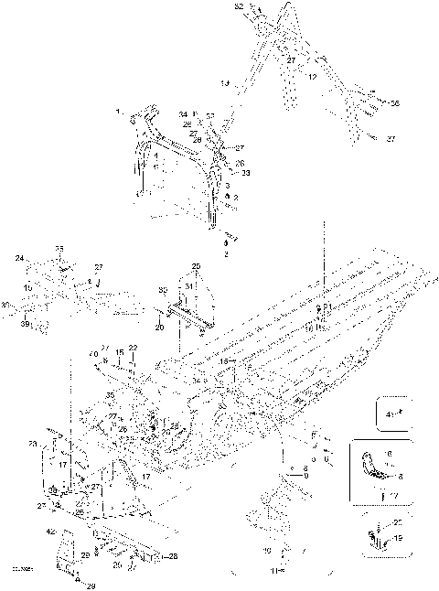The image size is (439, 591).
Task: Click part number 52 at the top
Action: click(239, 6)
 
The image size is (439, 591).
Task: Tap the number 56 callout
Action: click(394, 103)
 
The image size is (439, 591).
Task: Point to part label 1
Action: click(117, 111)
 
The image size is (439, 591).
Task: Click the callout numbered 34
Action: click(183, 114)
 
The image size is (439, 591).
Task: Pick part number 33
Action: click(245, 172)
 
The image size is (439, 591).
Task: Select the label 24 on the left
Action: click(19, 259)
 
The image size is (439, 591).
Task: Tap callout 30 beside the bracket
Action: click(162, 291)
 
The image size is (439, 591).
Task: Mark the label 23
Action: click(33, 445)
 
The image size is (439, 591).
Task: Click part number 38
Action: click(52, 491)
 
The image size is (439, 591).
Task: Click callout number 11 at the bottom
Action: click(272, 570)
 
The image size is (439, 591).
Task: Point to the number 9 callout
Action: click(304, 477)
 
